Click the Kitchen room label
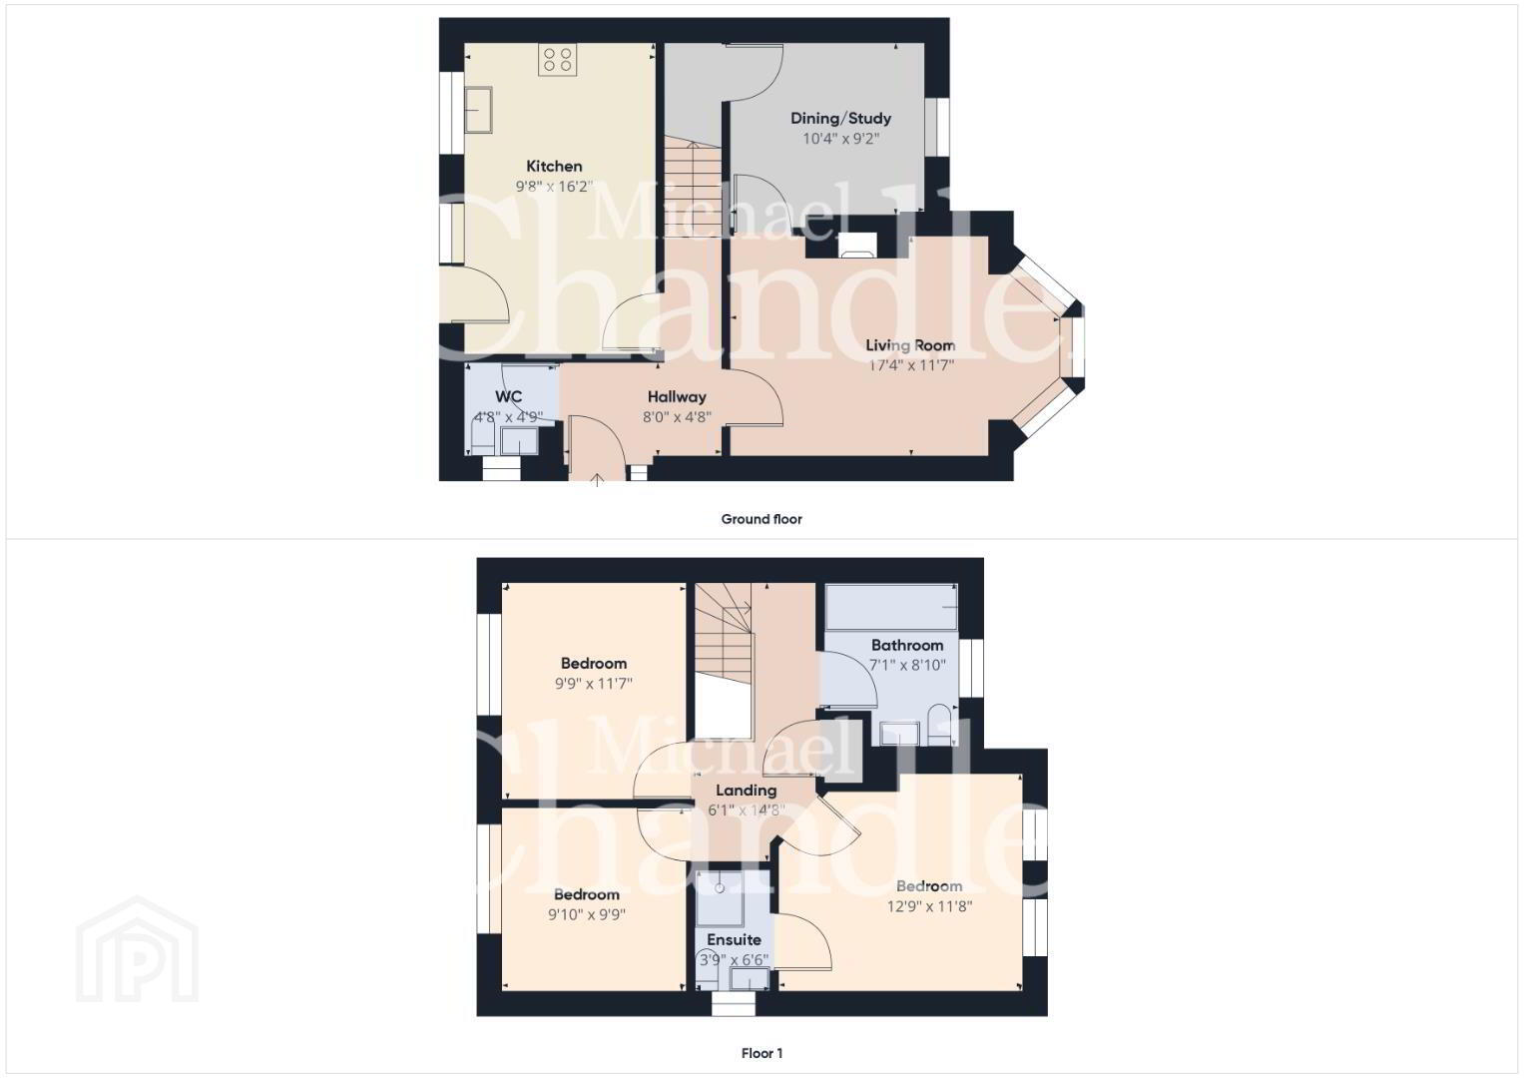[x=554, y=166]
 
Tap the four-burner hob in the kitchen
[x=558, y=59]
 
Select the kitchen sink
[x=479, y=110]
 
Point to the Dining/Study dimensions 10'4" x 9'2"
[x=841, y=139]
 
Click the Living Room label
[x=910, y=345]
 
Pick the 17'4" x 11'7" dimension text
[x=911, y=365]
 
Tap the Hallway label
[x=677, y=397]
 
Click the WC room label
[x=509, y=397]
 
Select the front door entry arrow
[x=597, y=480]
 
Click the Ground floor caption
[x=762, y=519]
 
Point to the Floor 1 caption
[x=762, y=1053]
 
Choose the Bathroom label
[x=907, y=645]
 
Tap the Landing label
[x=747, y=791]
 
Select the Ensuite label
[x=735, y=940]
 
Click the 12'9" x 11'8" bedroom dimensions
[x=929, y=906]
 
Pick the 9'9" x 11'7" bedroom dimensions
[x=594, y=684]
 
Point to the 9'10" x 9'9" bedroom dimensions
[x=587, y=914]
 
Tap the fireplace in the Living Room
[x=858, y=245]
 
